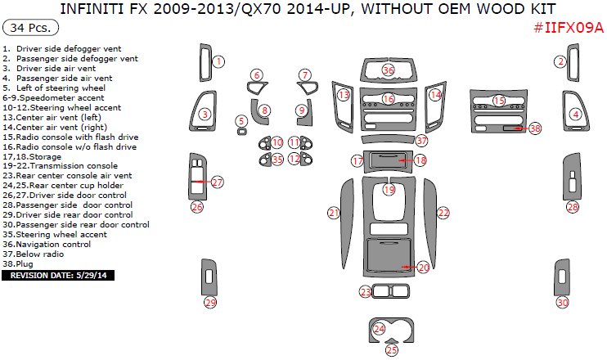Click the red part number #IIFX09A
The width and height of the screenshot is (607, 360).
click(x=569, y=28)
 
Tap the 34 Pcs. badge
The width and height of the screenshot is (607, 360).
click(x=30, y=28)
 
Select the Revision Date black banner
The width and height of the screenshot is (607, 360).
click(x=58, y=275)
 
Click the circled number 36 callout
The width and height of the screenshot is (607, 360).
click(x=388, y=70)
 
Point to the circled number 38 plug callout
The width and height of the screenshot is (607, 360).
click(x=535, y=128)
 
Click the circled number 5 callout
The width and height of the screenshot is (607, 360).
click(x=241, y=121)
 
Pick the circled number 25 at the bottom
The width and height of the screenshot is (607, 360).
click(x=392, y=350)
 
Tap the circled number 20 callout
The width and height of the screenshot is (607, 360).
click(x=424, y=267)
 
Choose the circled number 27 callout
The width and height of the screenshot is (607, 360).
click(x=217, y=182)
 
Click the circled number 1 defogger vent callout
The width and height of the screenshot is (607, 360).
click(x=218, y=61)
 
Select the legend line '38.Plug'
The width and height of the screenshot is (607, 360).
click(x=18, y=264)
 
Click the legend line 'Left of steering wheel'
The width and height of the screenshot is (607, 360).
click(x=61, y=88)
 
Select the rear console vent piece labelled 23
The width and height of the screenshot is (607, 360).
click(x=390, y=291)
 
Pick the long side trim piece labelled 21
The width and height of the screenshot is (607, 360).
click(x=347, y=223)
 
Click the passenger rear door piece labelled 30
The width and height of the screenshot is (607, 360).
click(x=562, y=277)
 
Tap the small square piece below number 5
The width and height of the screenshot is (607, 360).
click(x=242, y=132)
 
